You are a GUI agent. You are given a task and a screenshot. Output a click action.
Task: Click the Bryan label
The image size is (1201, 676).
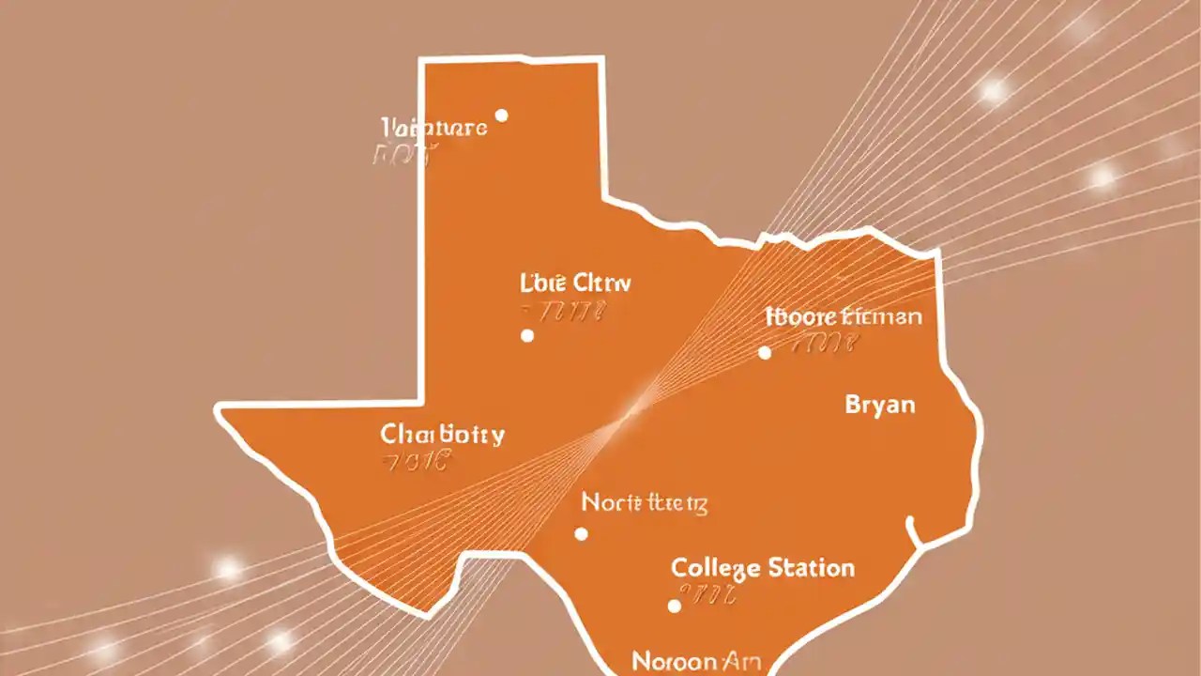click(879, 406)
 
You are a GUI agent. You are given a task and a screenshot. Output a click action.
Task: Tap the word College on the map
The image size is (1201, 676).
click(714, 568)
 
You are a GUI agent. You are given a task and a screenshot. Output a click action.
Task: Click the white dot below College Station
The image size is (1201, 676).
click(674, 606)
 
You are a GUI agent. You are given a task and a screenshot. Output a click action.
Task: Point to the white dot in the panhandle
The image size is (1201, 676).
click(501, 115)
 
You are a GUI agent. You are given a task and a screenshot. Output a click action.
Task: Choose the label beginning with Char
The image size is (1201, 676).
click(442, 435)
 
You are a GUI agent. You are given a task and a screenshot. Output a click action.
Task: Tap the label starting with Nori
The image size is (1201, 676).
click(644, 502)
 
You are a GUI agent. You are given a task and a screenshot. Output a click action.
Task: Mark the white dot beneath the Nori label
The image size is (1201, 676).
click(581, 534)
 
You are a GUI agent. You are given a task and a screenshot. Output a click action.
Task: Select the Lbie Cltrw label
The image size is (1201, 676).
click(575, 282)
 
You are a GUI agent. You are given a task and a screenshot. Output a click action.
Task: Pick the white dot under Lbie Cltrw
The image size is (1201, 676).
click(527, 335)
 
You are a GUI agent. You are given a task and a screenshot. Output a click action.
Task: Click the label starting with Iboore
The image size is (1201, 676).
click(843, 316)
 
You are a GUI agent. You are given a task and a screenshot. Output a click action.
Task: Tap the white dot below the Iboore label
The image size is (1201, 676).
click(765, 352)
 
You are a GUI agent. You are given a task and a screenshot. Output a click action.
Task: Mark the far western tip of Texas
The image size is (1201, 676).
click(219, 409)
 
